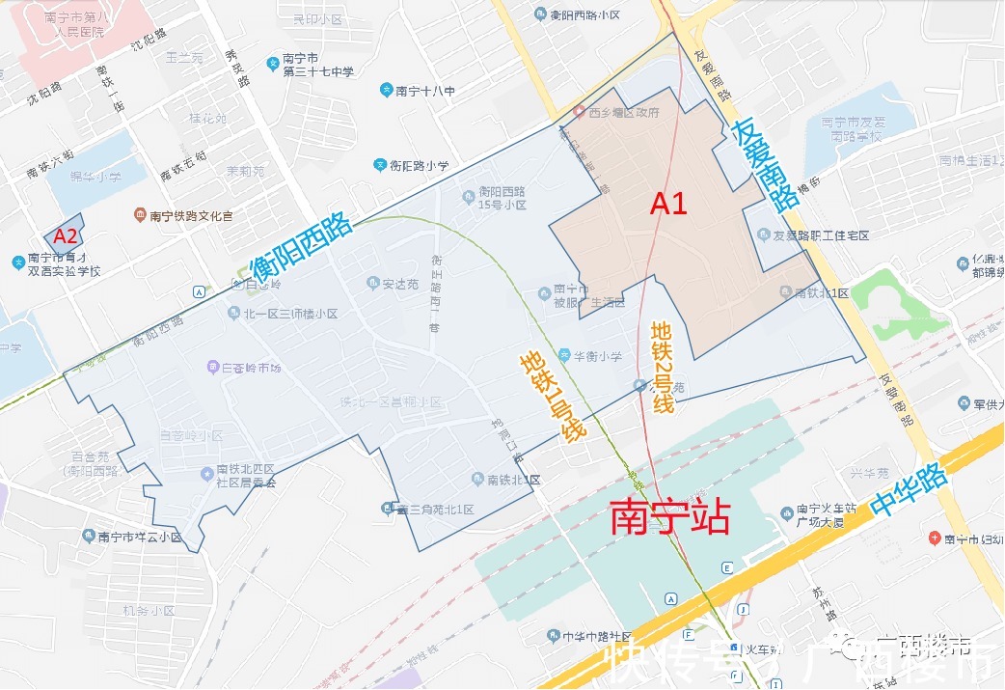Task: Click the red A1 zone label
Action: point(668,204)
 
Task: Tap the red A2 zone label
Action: point(66,235)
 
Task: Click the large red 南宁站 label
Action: point(669,518)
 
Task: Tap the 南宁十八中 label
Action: point(425,91)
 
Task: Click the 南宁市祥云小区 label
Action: point(139,538)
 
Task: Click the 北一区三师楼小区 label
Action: point(289,314)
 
